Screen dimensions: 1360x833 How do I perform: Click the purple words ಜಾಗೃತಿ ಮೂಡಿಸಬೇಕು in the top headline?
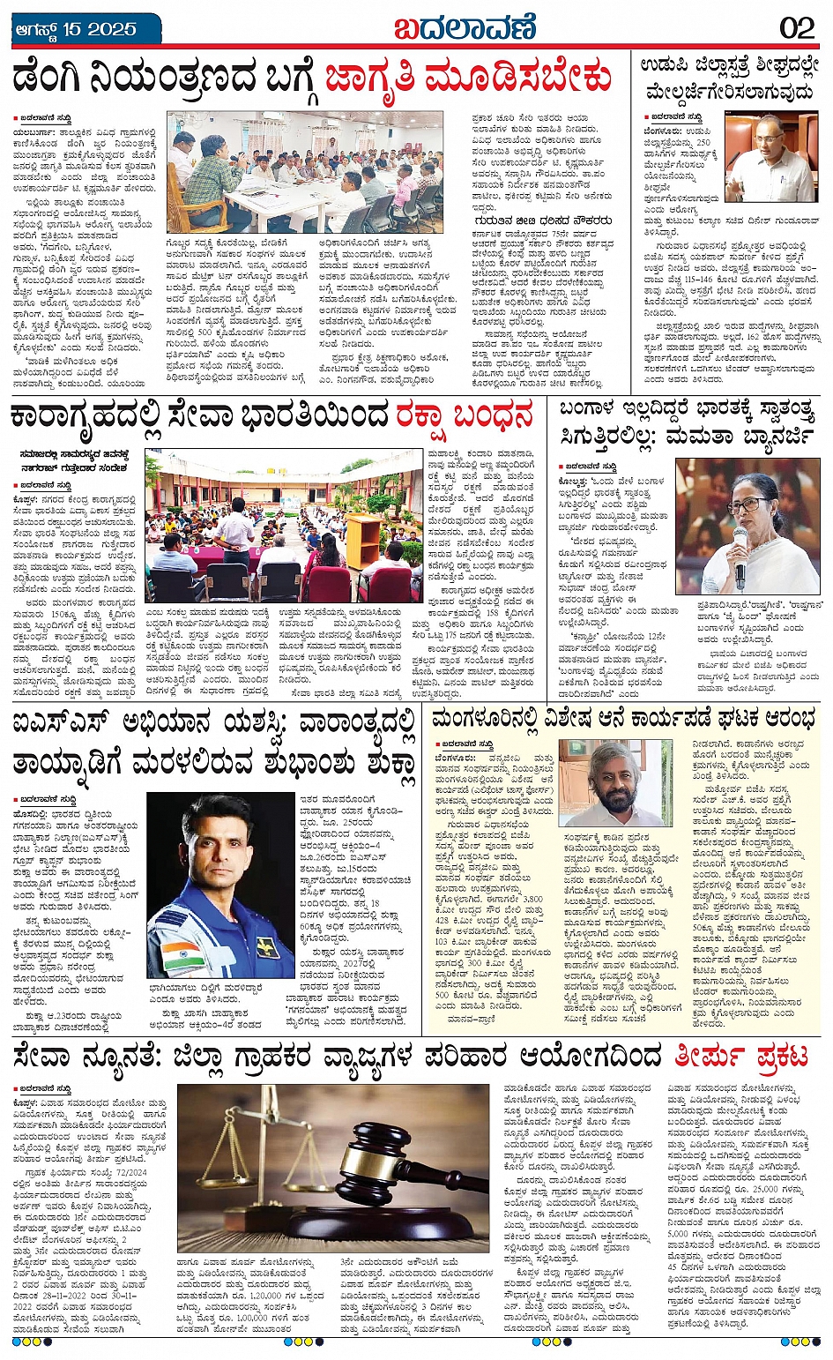pos(468,78)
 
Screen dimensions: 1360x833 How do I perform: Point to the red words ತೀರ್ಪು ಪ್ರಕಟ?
pos(740,1056)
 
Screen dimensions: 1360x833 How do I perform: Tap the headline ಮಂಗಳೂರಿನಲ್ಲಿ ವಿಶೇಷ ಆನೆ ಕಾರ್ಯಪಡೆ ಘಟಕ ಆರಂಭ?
pos(625,721)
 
